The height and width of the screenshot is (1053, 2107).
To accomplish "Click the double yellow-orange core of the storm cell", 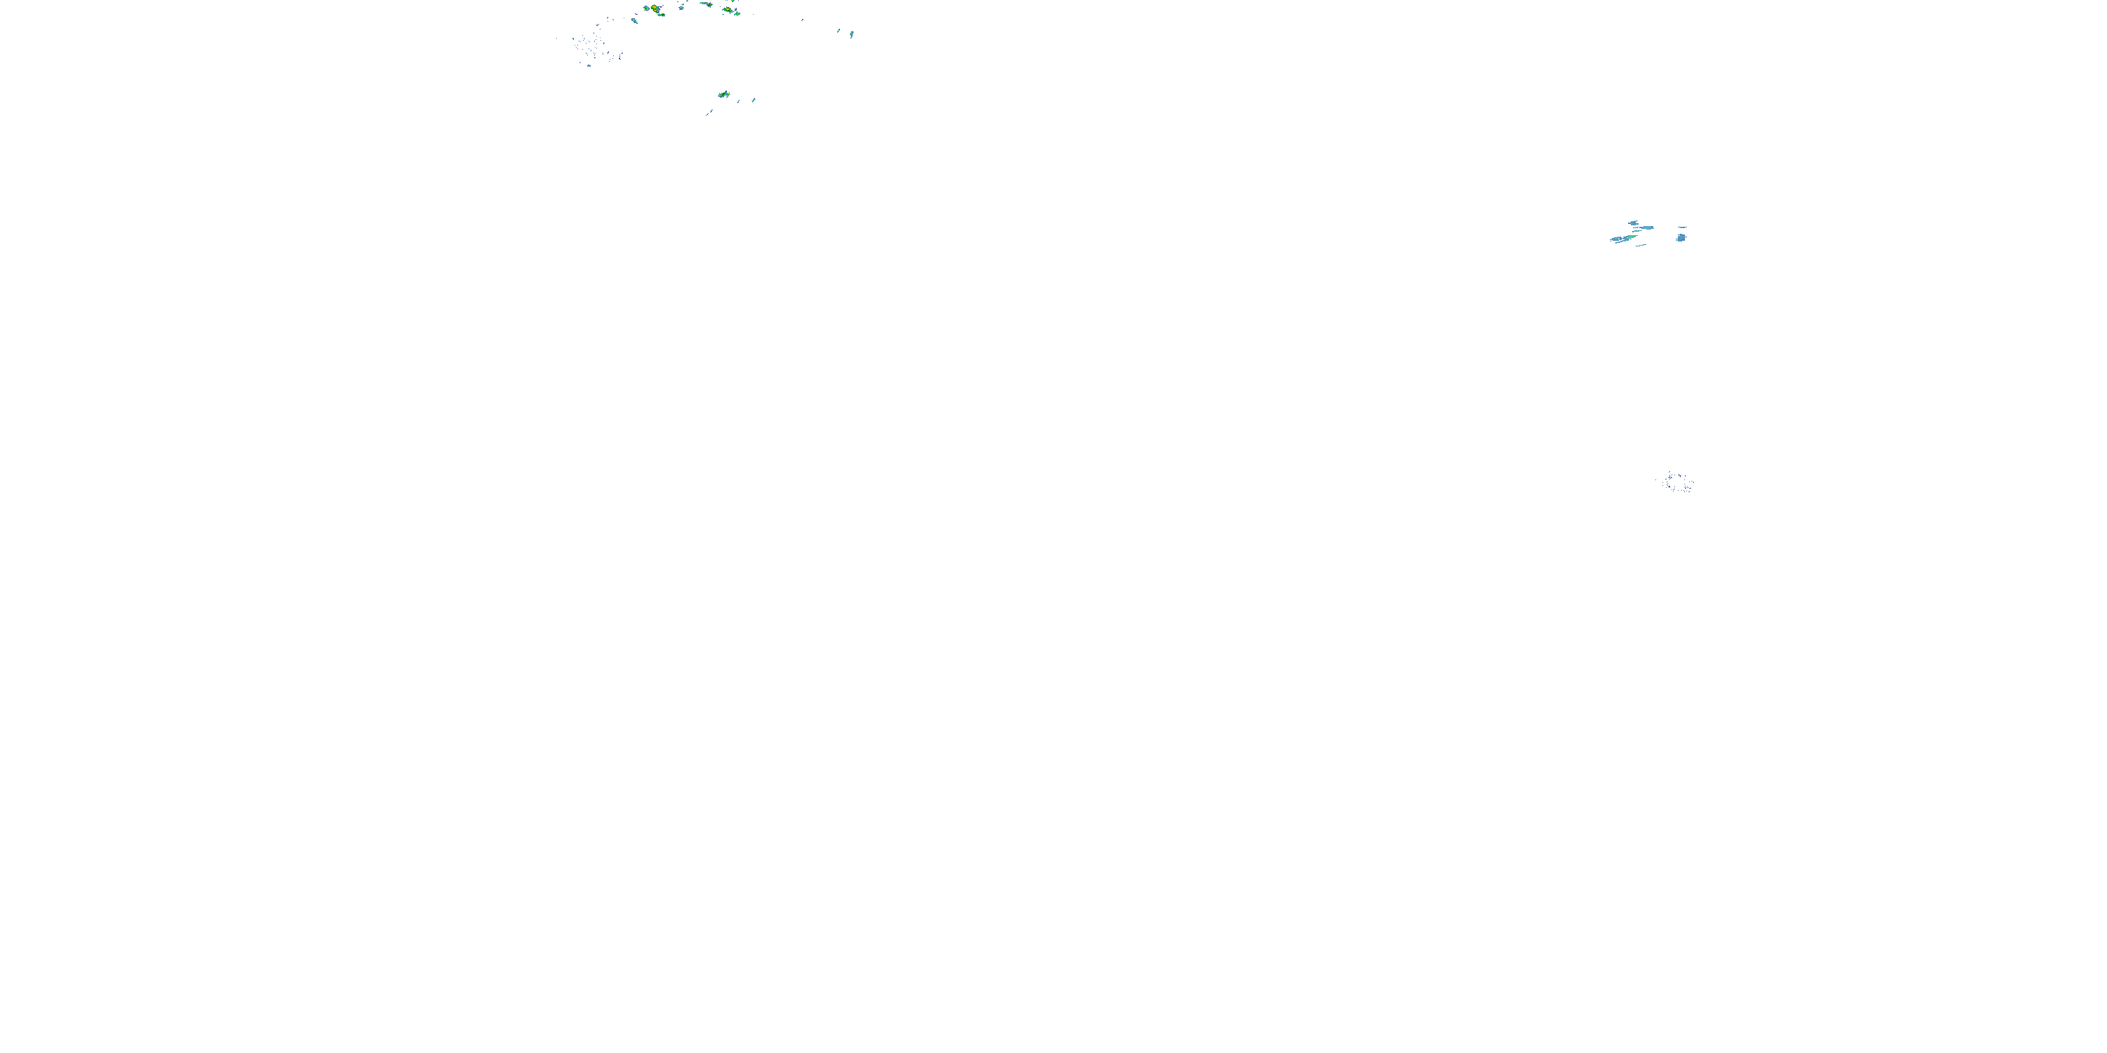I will [x=655, y=9].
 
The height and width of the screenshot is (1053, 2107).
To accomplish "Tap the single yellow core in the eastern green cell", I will [x=728, y=9].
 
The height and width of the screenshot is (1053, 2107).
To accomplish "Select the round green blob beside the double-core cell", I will [x=647, y=8].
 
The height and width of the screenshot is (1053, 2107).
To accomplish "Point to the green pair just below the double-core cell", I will [x=662, y=15].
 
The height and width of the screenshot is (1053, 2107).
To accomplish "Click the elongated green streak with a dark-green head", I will [x=707, y=4].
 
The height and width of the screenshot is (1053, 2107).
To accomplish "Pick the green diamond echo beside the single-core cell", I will [x=737, y=14].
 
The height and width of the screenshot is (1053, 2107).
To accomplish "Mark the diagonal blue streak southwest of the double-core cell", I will [x=636, y=20].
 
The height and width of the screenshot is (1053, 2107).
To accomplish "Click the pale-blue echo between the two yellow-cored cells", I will [x=681, y=8].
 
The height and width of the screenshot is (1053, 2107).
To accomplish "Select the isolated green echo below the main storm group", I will [x=724, y=95].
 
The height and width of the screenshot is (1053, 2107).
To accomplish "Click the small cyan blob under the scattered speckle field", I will [x=590, y=66].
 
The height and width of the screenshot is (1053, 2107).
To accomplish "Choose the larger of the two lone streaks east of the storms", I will [x=853, y=34].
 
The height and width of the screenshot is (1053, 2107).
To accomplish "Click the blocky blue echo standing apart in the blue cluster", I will [x=1681, y=238].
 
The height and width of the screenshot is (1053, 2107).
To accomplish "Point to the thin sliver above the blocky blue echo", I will [x=1683, y=227].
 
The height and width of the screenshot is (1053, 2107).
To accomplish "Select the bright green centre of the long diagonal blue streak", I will [x=1631, y=237].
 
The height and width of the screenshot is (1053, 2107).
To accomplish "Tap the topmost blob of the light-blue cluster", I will [x=1634, y=223].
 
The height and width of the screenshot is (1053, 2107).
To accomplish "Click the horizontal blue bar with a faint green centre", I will [x=1647, y=228].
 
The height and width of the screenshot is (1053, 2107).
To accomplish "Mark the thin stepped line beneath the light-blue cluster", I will [x=1641, y=245].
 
